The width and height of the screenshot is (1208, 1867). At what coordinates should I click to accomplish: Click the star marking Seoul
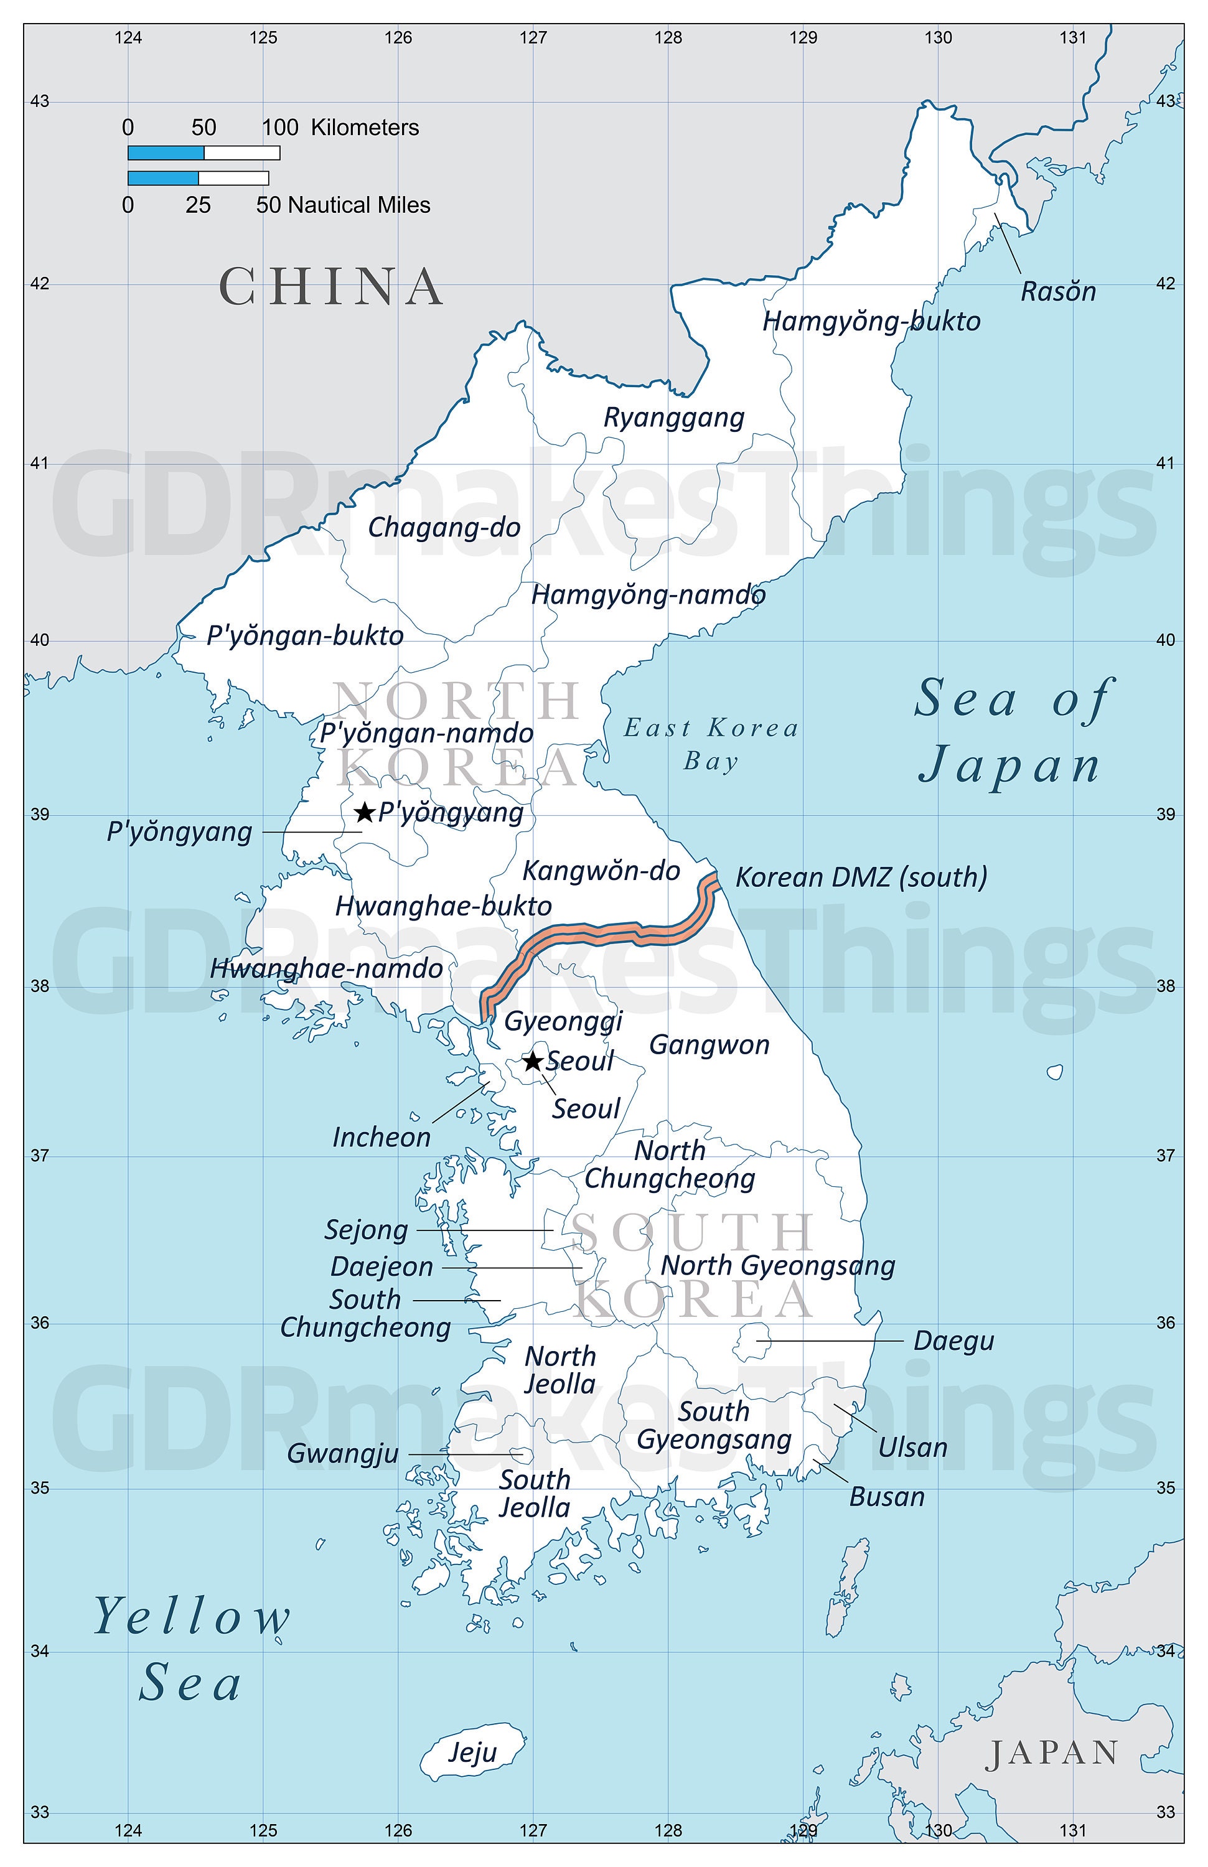(533, 1061)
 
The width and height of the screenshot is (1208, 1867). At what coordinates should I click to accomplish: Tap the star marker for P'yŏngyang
(364, 812)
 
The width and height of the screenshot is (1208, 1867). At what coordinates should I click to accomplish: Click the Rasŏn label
(1057, 292)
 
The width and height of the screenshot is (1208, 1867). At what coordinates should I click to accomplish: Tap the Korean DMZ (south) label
(861, 877)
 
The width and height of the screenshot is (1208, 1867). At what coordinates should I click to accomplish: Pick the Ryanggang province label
(673, 418)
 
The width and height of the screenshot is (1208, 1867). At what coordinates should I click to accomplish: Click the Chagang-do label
(444, 527)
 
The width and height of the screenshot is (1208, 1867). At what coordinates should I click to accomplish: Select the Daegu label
(953, 1341)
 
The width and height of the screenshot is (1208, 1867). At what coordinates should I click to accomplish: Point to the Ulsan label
(912, 1448)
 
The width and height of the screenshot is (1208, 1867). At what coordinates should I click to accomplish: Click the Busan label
(886, 1497)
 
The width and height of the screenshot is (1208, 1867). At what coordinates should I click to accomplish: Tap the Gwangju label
(343, 1454)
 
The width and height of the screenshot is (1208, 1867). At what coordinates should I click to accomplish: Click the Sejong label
(367, 1230)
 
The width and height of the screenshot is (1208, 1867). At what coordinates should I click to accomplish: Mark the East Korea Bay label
(711, 744)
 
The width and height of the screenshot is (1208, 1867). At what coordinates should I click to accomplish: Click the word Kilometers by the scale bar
(365, 128)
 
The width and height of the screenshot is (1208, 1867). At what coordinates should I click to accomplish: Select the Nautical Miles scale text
(359, 205)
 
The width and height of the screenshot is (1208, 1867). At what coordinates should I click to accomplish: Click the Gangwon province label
(709, 1045)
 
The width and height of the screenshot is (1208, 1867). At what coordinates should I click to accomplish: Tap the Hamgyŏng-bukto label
(871, 322)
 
